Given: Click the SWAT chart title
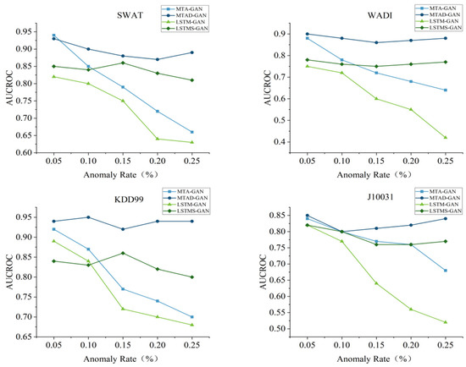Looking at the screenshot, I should (x=128, y=16).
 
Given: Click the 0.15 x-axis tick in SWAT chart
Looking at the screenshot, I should (x=126, y=162).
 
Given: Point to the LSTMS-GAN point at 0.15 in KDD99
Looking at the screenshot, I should (x=126, y=253).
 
